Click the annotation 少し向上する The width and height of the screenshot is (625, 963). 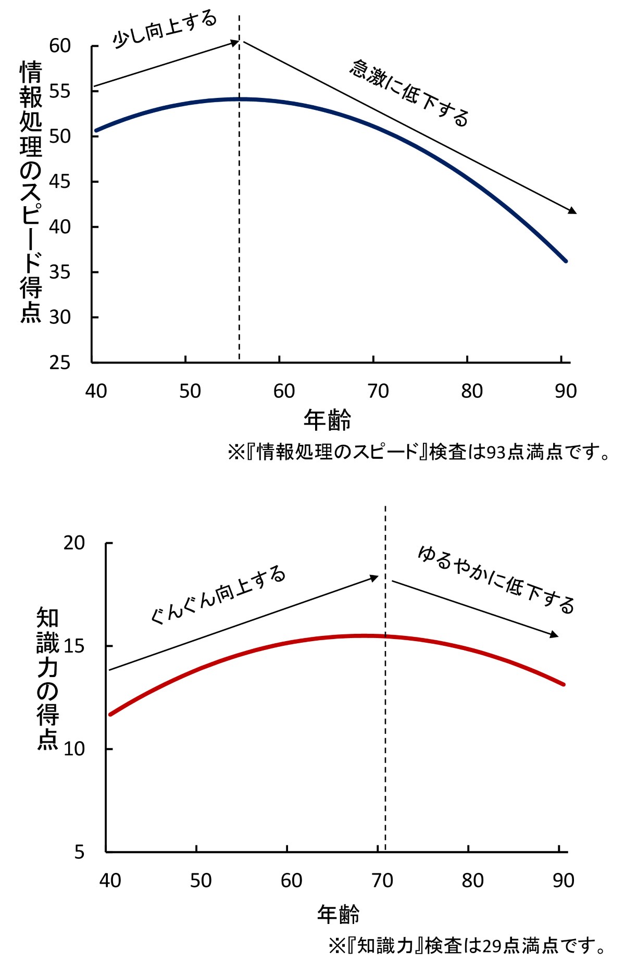pyautogui.click(x=164, y=30)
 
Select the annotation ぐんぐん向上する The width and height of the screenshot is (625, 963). pyautogui.click(x=218, y=594)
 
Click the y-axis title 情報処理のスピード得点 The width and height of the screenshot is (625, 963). pyautogui.click(x=31, y=192)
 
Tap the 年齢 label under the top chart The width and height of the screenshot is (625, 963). pyautogui.click(x=328, y=420)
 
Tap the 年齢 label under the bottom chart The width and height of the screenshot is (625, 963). pyautogui.click(x=339, y=914)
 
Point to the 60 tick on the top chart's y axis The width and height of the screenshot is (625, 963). pyautogui.click(x=60, y=46)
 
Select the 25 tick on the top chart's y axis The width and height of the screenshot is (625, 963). pyautogui.click(x=60, y=362)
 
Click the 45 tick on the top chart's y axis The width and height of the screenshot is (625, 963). pyautogui.click(x=60, y=182)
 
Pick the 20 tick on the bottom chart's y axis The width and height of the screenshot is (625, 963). pyautogui.click(x=74, y=543)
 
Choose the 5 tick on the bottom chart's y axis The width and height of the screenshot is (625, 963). pyautogui.click(x=79, y=852)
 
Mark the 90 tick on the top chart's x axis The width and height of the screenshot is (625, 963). pyautogui.click(x=566, y=391)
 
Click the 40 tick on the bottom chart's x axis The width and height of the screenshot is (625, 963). pyautogui.click(x=110, y=881)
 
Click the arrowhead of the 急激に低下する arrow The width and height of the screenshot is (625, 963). pyautogui.click(x=573, y=211)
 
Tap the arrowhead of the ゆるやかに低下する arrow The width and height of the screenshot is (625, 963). pyautogui.click(x=555, y=635)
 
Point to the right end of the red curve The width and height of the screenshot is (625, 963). pyautogui.click(x=564, y=684)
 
